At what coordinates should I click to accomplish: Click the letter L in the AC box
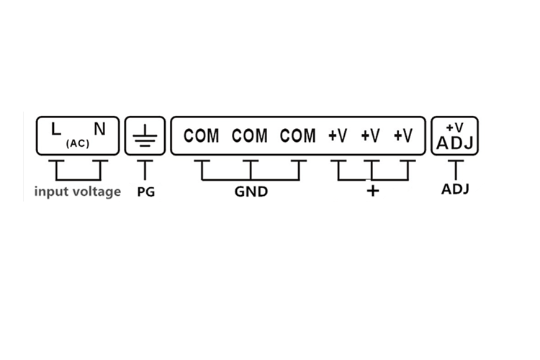pos(55,129)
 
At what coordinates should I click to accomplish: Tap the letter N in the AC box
pos(99,129)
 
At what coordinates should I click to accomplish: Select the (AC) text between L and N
pos(78,143)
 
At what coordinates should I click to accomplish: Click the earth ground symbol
pos(145,136)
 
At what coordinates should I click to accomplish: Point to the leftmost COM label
pos(201,136)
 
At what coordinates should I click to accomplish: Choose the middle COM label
pos(250,136)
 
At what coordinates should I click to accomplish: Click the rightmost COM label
pos(298,136)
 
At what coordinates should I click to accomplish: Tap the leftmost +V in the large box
pos(338,136)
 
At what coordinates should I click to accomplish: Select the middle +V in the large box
pos(371,136)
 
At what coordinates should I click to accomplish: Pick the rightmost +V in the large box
pos(403,136)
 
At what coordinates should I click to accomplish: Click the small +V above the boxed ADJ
pos(454,128)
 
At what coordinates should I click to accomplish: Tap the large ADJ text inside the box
pos(455,143)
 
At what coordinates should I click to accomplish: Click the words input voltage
pos(78,192)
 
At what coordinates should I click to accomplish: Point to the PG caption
pos(146,192)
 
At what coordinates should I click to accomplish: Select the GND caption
pos(251,192)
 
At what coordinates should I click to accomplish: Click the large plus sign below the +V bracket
pos(373,191)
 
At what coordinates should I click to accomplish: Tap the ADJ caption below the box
pos(455,189)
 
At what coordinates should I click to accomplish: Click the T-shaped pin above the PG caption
pos(145,170)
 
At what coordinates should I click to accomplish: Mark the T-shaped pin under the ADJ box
pos(456,170)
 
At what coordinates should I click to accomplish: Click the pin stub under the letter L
pos(56,170)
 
